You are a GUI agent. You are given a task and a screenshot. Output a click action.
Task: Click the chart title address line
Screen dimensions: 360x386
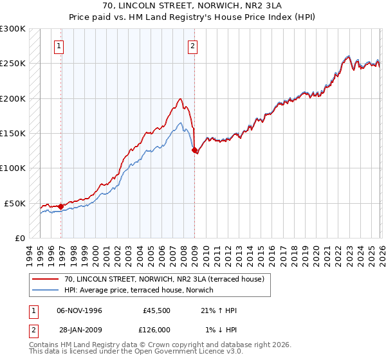click(193, 6)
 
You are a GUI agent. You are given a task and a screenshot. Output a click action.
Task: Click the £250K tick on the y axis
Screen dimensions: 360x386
click(13, 64)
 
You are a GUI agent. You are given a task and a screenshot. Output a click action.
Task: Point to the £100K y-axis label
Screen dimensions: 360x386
click(13, 168)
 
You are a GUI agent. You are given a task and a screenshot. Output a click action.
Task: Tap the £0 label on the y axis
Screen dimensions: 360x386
click(19, 238)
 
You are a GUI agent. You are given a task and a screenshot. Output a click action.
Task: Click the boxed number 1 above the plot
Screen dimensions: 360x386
click(59, 46)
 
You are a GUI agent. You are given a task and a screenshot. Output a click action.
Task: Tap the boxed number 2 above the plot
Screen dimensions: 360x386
click(192, 46)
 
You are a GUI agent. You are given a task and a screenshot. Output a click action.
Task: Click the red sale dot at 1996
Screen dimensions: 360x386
click(61, 206)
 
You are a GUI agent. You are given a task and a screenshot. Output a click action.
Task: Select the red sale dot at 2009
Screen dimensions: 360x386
click(195, 150)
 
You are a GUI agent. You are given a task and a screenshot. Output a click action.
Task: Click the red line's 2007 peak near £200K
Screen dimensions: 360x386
click(180, 99)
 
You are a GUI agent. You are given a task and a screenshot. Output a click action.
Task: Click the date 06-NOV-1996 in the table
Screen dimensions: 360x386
click(79, 310)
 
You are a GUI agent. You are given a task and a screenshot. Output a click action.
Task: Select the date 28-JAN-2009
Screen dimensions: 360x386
click(79, 330)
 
